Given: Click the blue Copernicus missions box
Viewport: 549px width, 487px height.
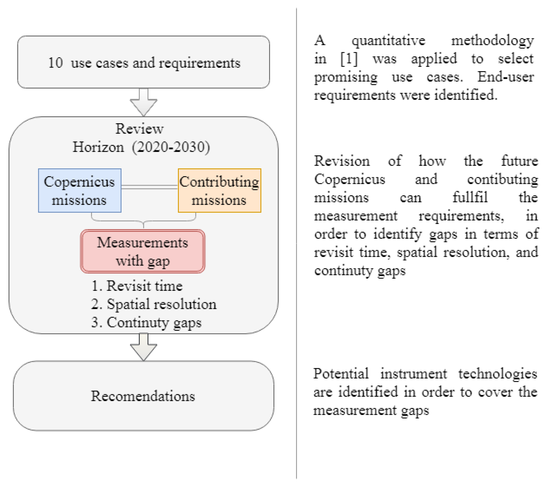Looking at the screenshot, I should coord(80,190).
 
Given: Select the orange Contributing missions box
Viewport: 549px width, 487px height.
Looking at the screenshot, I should coord(219,190).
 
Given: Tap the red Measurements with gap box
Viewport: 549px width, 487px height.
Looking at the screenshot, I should coord(143,251).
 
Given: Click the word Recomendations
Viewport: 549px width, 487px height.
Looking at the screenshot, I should coord(143,396).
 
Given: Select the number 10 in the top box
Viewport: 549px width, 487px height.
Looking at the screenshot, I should coord(55,63).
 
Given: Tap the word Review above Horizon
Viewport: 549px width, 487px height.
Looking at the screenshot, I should coord(139,129).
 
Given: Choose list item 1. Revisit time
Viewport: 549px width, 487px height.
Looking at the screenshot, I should coord(137,286).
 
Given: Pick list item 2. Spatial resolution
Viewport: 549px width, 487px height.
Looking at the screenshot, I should coord(154,304).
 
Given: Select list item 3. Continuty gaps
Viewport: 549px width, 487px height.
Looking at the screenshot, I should coord(146,322).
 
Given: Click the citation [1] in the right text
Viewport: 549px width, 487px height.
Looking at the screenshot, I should coord(349,59).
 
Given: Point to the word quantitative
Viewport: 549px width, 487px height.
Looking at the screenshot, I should coord(388,41).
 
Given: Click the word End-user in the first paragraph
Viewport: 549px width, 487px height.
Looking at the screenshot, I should coord(505,77).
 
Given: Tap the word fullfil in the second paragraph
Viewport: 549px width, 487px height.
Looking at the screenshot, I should coord(470,197).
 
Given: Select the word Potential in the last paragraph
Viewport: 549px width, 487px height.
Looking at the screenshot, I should coord(341,373).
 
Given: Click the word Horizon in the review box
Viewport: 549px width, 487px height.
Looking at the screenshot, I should coord(98,147).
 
